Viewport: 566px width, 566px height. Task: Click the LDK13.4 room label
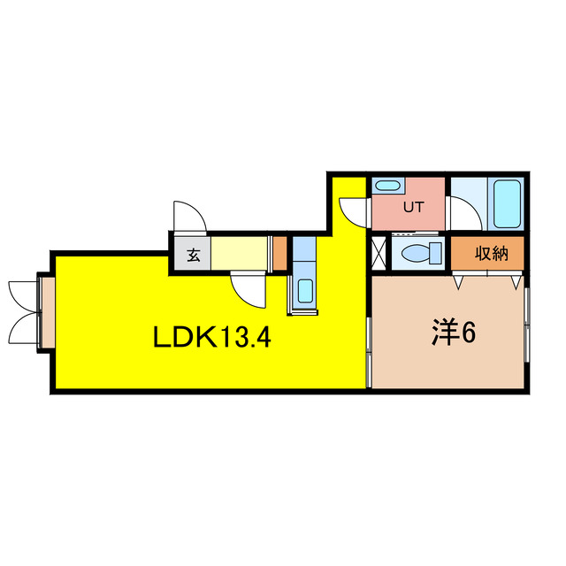pyautogui.click(x=212, y=336)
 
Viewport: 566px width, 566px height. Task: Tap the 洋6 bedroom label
pyautogui.click(x=454, y=333)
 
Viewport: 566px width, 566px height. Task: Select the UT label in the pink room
pyautogui.click(x=413, y=207)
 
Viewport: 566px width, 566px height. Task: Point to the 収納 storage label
pyautogui.click(x=492, y=253)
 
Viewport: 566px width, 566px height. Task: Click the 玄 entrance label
pyautogui.click(x=194, y=256)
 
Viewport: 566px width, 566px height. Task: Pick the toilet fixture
pyautogui.click(x=423, y=252)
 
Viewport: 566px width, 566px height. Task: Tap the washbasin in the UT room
pyautogui.click(x=387, y=187)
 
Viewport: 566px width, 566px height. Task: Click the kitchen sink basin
pyautogui.click(x=305, y=291)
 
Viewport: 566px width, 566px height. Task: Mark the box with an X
pyautogui.click(x=379, y=252)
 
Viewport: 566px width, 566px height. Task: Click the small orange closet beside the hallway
pyautogui.click(x=279, y=253)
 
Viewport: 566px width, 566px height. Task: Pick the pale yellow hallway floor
pyautogui.click(x=240, y=253)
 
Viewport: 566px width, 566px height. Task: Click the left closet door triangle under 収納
pyautogui.click(x=458, y=282)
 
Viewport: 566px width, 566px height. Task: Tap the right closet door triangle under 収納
pyautogui.click(x=516, y=282)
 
